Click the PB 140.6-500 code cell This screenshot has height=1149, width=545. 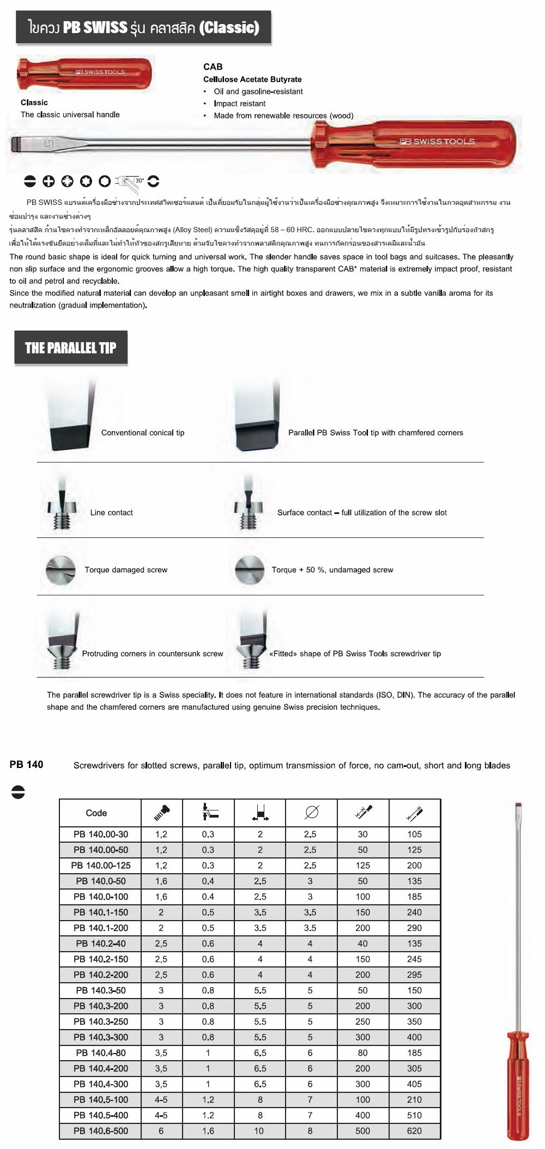101,1130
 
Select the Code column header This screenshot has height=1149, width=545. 96,813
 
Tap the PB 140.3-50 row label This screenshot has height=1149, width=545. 101,990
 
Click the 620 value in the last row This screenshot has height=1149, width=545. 414,1130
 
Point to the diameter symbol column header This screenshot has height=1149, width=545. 311,813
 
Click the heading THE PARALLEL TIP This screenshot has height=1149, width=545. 71,348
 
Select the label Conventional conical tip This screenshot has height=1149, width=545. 143,433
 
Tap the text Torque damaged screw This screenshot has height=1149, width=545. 126,570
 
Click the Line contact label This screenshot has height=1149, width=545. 112,512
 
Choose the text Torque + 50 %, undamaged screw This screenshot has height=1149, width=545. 332,570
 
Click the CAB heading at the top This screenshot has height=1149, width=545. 213,66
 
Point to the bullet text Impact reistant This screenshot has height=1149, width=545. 239,104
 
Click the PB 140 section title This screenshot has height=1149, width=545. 26,765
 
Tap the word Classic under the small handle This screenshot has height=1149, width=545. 34,102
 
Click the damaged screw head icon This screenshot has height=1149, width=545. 60,570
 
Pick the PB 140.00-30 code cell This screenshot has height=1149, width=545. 101,834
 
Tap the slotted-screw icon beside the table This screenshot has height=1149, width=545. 18,793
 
